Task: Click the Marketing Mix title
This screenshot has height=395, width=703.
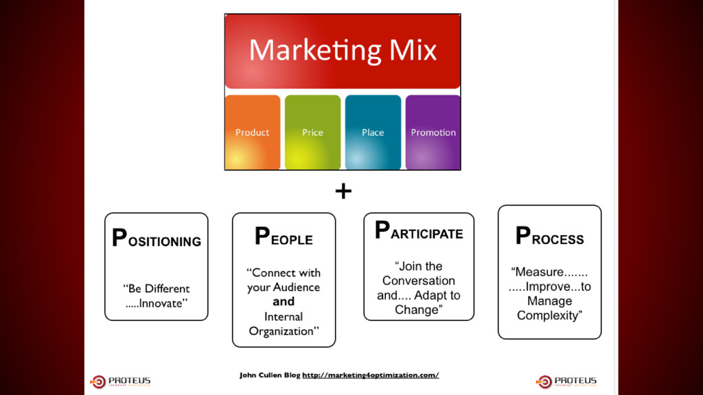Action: tap(343, 50)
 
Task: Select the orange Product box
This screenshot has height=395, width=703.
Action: tap(252, 132)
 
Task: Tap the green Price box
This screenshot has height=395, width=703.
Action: tap(312, 132)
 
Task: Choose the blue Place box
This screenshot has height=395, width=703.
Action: tap(373, 132)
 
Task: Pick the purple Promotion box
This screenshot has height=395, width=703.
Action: tap(433, 132)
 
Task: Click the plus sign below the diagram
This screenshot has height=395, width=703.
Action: tap(343, 191)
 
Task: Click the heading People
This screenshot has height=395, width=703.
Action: tap(284, 237)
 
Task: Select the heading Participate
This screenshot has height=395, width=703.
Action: tap(419, 231)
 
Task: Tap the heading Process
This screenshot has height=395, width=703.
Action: tap(549, 237)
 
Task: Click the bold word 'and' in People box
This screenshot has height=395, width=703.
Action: tap(284, 302)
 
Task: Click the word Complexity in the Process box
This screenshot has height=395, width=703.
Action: tap(549, 315)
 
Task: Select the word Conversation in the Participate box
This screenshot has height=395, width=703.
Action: tap(419, 280)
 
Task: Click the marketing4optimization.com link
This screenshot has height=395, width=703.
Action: tap(370, 375)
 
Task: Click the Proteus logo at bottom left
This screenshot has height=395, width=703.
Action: tap(121, 381)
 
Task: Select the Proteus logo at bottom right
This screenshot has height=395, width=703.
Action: tap(566, 381)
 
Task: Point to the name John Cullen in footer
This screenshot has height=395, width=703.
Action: tap(260, 375)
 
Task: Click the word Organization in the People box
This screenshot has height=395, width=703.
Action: tap(282, 331)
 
